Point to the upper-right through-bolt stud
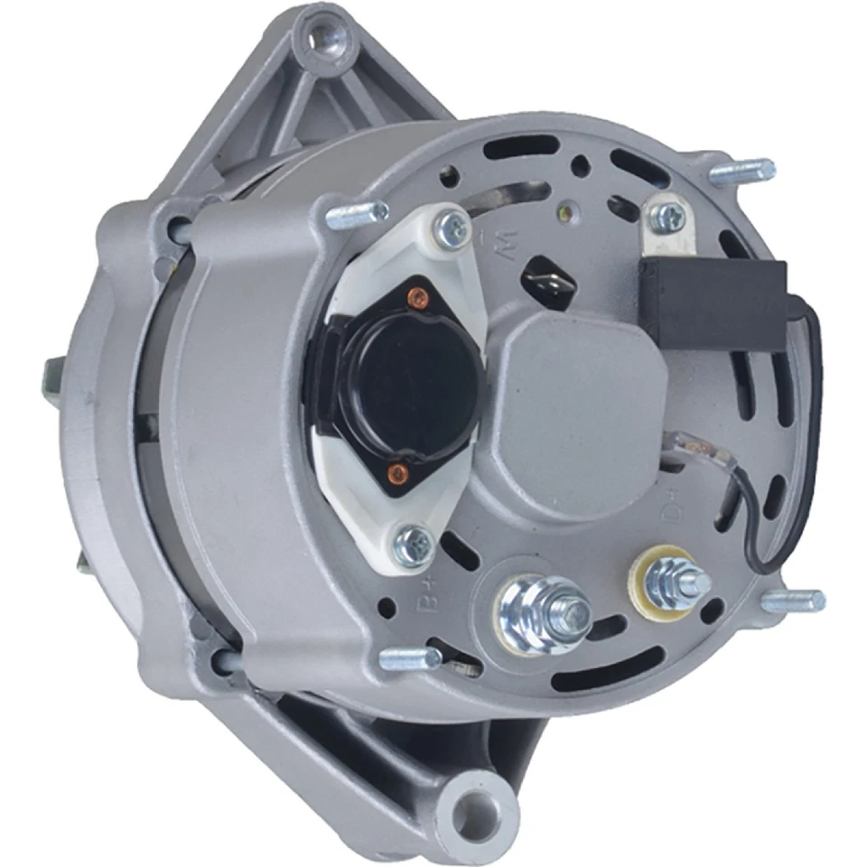[741, 172]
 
